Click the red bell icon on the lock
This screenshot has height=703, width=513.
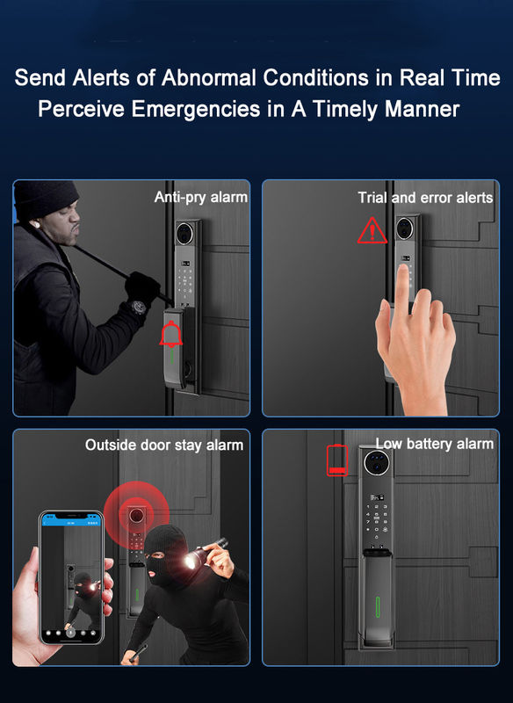[x=170, y=334]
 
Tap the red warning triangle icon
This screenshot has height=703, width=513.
[x=372, y=230]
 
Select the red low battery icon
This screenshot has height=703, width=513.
[x=337, y=460]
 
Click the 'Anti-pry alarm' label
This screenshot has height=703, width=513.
[x=200, y=197]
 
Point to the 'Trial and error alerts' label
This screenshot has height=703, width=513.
[x=425, y=197]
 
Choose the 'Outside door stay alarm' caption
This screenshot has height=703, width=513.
[x=164, y=446]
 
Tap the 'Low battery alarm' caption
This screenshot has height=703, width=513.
[x=434, y=444]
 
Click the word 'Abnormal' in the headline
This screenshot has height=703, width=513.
[x=209, y=77]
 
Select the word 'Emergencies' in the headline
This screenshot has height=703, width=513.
[x=196, y=109]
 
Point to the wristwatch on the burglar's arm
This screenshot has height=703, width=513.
[x=138, y=307]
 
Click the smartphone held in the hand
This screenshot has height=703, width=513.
[x=72, y=578]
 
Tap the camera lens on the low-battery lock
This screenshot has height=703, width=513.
[x=376, y=462]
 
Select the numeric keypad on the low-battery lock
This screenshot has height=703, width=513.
[x=376, y=521]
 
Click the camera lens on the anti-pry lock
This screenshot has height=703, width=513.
[x=184, y=233]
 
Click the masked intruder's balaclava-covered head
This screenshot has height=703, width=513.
[x=163, y=551]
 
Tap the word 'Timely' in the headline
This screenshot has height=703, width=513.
[x=345, y=109]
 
